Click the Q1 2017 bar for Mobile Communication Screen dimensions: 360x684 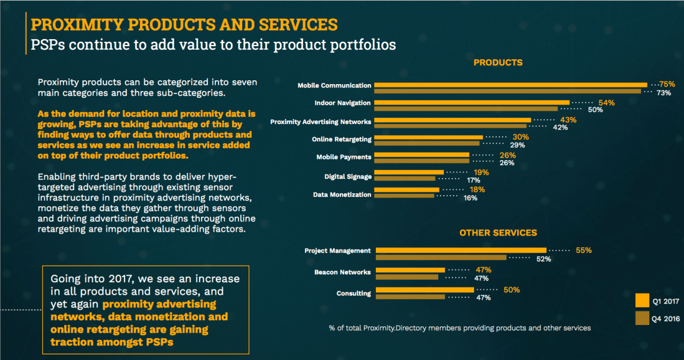(510, 85)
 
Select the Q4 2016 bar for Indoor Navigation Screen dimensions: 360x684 (467, 109)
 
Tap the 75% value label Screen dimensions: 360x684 (667, 84)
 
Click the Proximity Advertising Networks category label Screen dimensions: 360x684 (321, 121)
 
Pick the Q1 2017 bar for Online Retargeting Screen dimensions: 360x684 (429, 137)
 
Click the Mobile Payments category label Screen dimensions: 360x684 (344, 157)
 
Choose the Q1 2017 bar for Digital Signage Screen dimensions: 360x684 (410, 172)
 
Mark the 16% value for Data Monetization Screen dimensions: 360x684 (470, 198)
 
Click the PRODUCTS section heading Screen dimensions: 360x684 (498, 62)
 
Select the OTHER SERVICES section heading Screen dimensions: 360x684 (498, 233)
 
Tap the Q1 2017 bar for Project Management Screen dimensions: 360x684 (461, 250)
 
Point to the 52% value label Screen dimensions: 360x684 (543, 259)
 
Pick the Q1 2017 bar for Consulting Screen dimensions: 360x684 (424, 290)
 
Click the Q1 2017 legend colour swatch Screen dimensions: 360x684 (643, 300)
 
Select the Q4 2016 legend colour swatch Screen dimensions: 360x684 (643, 318)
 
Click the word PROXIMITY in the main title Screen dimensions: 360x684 (68, 25)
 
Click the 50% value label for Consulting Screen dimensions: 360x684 (512, 290)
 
